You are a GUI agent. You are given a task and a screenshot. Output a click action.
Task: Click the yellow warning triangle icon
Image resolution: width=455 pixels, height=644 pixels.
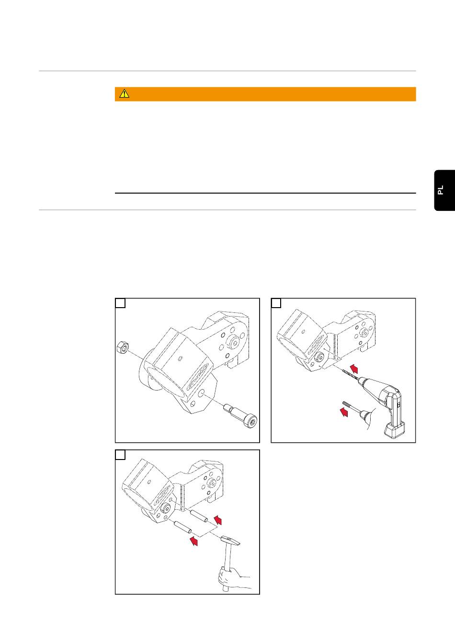tap(124, 94)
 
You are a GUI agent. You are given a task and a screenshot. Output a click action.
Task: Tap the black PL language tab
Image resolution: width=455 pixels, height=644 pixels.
tap(444, 190)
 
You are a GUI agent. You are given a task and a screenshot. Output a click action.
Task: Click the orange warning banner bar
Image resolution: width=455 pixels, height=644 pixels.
tap(265, 94)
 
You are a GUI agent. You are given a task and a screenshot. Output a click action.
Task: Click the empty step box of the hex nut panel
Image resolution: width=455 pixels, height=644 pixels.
tap(120, 303)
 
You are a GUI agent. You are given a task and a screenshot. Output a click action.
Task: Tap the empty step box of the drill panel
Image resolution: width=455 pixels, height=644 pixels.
tap(276, 303)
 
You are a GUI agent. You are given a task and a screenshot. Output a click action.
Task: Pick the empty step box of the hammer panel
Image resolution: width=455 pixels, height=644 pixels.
tap(120, 455)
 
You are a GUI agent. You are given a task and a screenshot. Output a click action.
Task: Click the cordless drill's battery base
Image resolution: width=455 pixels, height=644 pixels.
tap(395, 431)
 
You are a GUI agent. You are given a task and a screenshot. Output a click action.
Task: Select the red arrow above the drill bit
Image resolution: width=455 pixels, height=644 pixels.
tap(354, 369)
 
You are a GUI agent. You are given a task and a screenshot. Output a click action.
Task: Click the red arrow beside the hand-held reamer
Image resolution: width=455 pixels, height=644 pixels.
tap(344, 412)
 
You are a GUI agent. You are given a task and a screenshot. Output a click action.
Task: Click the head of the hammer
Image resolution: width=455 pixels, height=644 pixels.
tap(230, 541)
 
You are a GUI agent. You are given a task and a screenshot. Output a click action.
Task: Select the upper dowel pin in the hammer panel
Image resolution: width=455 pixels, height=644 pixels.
tap(198, 516)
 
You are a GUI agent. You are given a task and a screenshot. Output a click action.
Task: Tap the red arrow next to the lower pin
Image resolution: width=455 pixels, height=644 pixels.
tap(194, 541)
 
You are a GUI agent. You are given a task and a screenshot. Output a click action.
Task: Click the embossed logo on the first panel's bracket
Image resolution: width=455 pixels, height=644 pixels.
tap(198, 376)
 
